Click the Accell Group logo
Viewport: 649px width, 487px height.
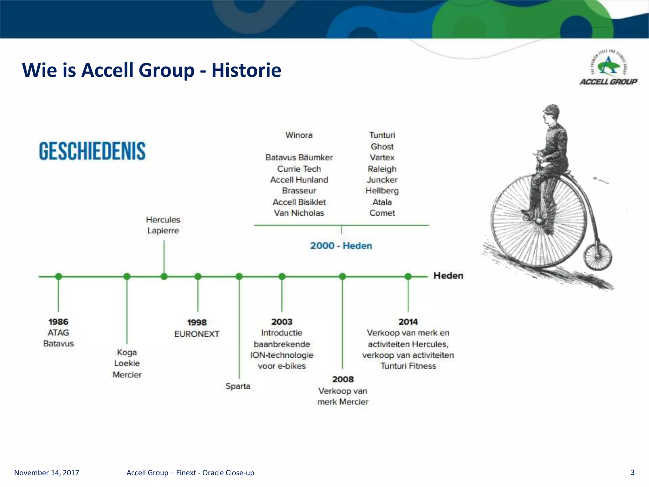608,68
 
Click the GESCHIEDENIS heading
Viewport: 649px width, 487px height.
92,151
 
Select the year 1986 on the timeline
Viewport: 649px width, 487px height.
58,322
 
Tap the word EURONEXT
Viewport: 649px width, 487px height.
197,334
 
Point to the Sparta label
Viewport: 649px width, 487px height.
238,386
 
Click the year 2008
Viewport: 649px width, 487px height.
343,379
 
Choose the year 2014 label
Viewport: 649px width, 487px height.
408,322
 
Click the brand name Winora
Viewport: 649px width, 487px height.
299,135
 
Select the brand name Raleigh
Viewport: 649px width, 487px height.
382,169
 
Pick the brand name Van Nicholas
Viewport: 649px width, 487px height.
299,213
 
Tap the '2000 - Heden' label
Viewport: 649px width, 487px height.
341,246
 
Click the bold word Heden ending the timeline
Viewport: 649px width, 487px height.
448,276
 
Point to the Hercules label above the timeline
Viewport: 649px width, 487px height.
163,220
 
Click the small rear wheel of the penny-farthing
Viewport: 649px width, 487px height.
598,256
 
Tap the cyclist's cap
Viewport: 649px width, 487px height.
552,109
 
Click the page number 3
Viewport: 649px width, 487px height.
633,472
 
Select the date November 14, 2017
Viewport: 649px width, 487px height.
47,473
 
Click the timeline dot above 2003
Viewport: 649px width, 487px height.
282,276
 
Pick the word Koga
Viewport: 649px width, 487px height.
127,352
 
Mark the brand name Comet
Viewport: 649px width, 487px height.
382,213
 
